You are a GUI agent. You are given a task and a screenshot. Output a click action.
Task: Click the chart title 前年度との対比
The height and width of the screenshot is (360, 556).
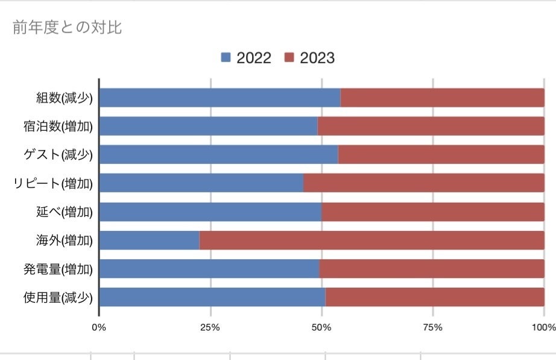(x=67, y=27)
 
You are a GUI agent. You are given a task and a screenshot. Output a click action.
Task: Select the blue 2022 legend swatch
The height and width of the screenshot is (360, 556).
(x=226, y=58)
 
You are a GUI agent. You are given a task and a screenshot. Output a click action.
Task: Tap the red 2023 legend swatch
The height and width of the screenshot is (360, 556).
(x=289, y=58)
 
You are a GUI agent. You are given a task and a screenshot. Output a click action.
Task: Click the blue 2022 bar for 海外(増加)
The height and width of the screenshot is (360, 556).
(x=149, y=240)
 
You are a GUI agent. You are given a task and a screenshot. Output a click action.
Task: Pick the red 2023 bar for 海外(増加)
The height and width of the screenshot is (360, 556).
(x=371, y=240)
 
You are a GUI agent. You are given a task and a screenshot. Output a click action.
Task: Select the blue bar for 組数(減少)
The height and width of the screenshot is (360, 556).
(x=220, y=98)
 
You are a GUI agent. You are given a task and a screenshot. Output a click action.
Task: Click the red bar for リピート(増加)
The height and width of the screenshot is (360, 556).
(x=423, y=183)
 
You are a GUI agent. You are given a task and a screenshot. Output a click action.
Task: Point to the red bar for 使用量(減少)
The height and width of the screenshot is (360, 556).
(x=434, y=297)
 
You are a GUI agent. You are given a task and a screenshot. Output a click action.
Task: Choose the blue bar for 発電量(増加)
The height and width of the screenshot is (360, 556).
(x=209, y=269)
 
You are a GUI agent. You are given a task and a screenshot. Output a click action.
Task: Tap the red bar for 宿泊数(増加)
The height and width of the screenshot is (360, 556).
(x=431, y=126)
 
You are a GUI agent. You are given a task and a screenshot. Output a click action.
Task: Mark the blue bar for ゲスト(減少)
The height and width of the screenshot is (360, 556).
(x=218, y=154)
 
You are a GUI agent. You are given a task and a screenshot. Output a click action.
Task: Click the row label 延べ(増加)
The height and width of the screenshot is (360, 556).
(x=65, y=212)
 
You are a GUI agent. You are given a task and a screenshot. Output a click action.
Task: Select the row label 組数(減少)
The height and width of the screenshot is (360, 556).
(x=65, y=98)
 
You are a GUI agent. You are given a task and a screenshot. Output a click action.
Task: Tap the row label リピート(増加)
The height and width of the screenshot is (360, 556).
(x=53, y=183)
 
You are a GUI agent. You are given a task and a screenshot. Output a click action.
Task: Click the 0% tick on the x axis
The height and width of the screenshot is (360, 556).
(x=99, y=327)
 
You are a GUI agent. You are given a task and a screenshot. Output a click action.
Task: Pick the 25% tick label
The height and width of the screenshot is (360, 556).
(x=210, y=327)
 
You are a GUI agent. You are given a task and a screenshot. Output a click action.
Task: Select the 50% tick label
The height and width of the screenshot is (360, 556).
(x=321, y=327)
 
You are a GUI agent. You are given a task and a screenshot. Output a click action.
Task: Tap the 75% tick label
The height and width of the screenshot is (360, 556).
(x=433, y=327)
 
